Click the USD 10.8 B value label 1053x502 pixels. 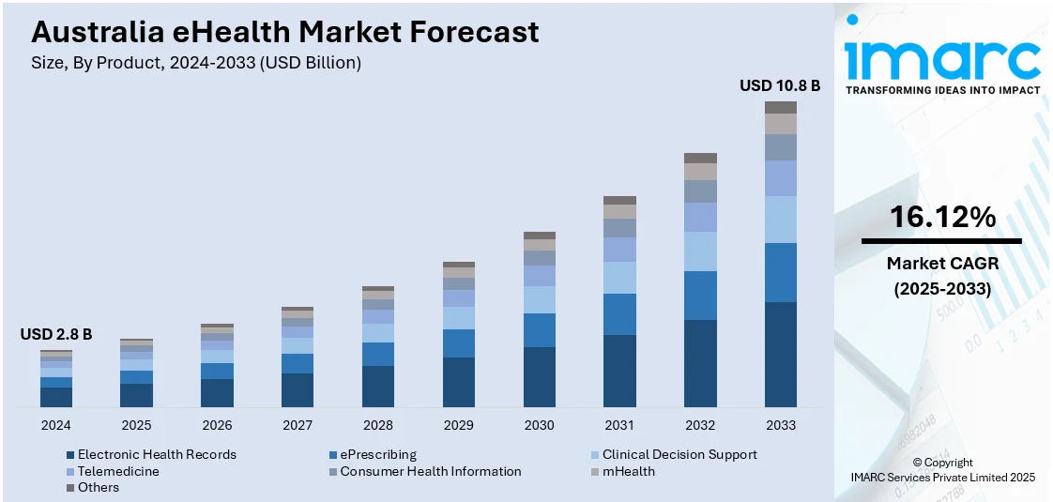780,85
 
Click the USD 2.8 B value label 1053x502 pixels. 56,335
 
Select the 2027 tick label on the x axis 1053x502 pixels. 298,425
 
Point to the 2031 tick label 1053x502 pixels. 619,425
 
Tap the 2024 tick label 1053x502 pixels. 56,425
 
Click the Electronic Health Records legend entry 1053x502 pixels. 157,454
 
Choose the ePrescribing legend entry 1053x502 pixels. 378,454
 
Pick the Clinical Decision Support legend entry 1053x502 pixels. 679,454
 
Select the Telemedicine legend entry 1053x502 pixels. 118,471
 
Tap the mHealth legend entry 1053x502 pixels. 628,471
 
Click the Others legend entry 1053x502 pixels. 99,487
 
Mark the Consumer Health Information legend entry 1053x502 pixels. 430,471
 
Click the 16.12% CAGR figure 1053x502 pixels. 941,218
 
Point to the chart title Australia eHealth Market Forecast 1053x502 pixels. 285,32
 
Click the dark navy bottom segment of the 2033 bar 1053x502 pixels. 780,355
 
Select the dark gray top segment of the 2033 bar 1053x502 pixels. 780,107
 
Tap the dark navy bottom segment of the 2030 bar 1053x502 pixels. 539,377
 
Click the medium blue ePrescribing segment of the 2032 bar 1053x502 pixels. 700,296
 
